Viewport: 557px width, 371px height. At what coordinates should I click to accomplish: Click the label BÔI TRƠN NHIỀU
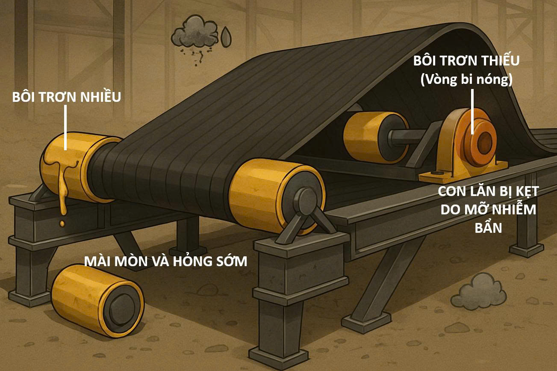[x=66, y=97]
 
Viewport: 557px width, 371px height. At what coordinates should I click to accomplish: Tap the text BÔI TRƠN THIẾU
[x=466, y=61]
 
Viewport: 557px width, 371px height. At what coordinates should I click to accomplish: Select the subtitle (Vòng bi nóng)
[x=466, y=80]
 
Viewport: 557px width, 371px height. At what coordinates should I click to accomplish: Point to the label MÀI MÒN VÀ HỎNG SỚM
[x=165, y=261]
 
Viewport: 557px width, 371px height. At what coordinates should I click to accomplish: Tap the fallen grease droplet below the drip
[x=62, y=223]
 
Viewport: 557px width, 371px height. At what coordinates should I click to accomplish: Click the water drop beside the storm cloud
[x=226, y=37]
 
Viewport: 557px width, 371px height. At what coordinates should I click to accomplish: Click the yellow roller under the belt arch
[x=368, y=136]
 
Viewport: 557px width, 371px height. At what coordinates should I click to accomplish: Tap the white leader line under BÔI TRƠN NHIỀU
[x=66, y=128]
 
